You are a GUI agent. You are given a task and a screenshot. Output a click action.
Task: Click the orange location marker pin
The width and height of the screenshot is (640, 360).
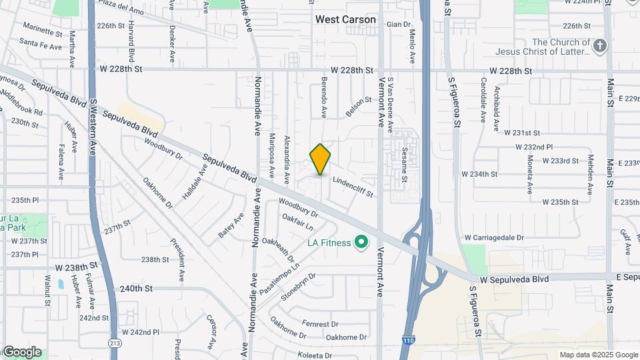click(321, 159)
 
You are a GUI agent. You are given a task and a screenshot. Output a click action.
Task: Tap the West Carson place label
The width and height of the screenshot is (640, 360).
click(345, 20)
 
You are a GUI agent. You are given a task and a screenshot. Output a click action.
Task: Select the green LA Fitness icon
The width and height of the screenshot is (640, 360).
click(362, 243)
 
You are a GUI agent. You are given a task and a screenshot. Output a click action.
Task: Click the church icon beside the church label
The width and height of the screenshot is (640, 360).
click(600, 46)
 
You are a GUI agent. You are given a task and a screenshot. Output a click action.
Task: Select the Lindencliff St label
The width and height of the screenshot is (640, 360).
click(353, 186)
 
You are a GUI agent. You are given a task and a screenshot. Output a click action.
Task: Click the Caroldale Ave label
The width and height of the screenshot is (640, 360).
click(483, 102)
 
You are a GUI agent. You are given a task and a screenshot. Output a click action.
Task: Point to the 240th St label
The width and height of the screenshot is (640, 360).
click(136, 289)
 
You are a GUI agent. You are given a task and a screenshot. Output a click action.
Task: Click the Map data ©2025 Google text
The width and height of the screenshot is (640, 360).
click(599, 355)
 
